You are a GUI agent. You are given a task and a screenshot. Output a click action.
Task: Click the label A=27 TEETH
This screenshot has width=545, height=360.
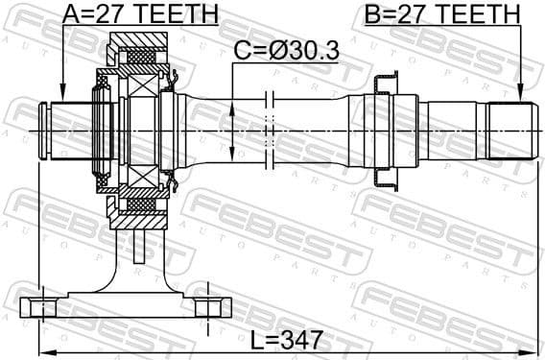pos(141,13)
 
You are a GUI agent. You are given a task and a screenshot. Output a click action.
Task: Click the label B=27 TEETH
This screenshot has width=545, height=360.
pos(442,13)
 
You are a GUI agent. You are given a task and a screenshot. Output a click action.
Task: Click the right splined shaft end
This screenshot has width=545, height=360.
pos(509,129)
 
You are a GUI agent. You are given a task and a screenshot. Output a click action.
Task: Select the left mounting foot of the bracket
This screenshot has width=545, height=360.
pos(41,307)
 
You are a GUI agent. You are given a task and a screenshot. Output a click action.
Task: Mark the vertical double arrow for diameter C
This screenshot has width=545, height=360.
pos(233,129)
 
